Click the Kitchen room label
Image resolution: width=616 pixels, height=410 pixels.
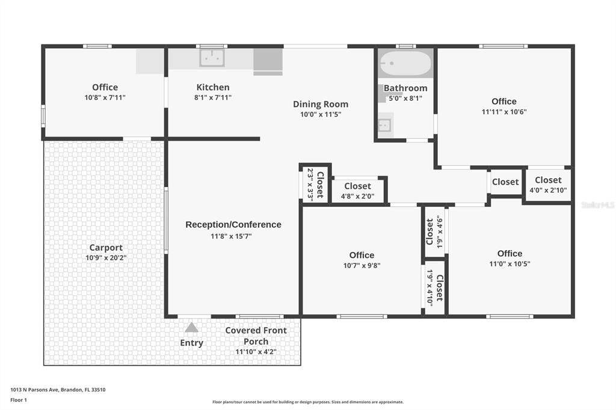pos(212,87)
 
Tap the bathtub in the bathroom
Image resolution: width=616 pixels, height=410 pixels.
pos(405,63)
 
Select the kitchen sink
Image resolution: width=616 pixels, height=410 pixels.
pos(212,58)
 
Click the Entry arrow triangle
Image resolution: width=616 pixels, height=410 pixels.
pos(191,327)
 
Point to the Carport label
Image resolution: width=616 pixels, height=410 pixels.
pos(106,248)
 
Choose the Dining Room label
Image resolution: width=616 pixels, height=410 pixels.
pos(321,104)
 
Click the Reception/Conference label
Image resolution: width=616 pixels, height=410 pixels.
pos(233,225)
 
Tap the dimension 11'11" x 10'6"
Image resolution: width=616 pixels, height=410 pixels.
pos(504,112)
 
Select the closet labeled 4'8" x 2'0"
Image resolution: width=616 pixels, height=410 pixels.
pos(357,191)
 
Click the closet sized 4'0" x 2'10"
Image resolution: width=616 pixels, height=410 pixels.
pos(548,185)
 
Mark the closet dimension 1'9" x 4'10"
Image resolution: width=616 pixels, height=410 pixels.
pos(429,288)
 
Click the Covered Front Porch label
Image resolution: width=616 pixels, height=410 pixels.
pos(256,336)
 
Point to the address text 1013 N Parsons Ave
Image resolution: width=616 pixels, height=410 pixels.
pos(34,390)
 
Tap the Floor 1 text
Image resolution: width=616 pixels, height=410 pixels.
pos(19,400)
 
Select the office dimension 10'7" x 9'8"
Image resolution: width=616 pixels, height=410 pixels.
pos(362,266)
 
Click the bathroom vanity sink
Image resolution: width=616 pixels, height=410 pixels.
pos(385,126)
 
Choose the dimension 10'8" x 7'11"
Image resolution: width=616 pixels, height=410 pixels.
pos(105,97)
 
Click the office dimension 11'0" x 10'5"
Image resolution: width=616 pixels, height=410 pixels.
pos(510,264)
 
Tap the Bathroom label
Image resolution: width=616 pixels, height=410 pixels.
pos(405,88)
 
